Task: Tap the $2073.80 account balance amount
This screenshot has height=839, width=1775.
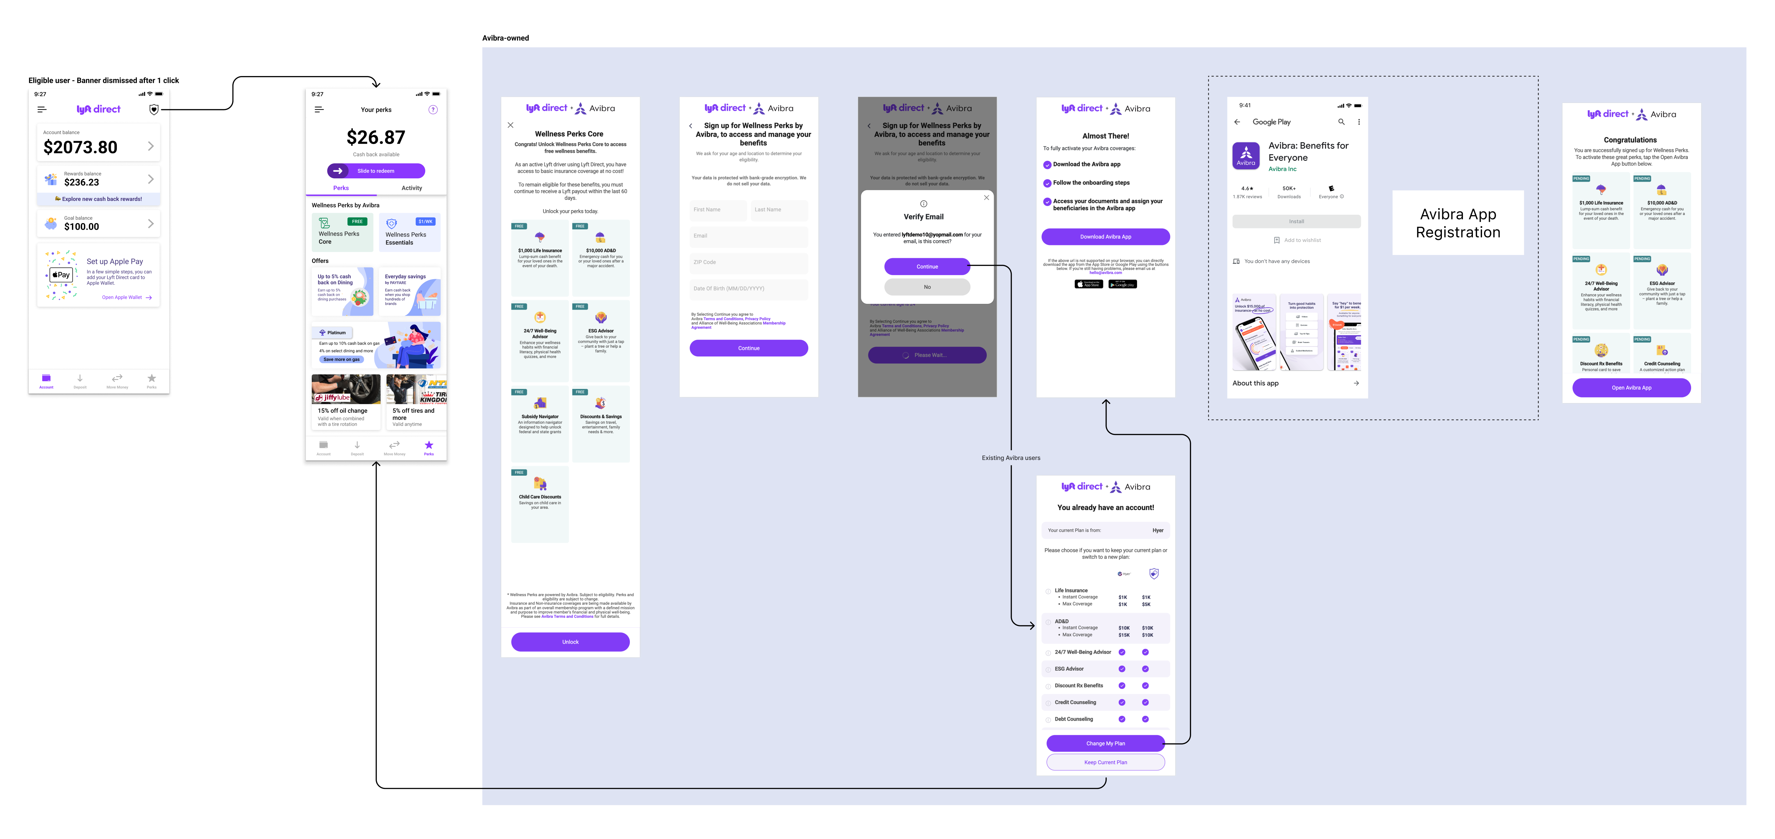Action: click(81, 147)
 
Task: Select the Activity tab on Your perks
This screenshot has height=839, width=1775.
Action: click(411, 188)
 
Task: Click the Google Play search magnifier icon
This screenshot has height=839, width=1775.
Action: click(1341, 122)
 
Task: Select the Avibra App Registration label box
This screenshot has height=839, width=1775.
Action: click(1457, 223)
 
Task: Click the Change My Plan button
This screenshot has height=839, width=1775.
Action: click(1105, 743)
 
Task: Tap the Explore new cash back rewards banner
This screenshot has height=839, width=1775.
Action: click(99, 199)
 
